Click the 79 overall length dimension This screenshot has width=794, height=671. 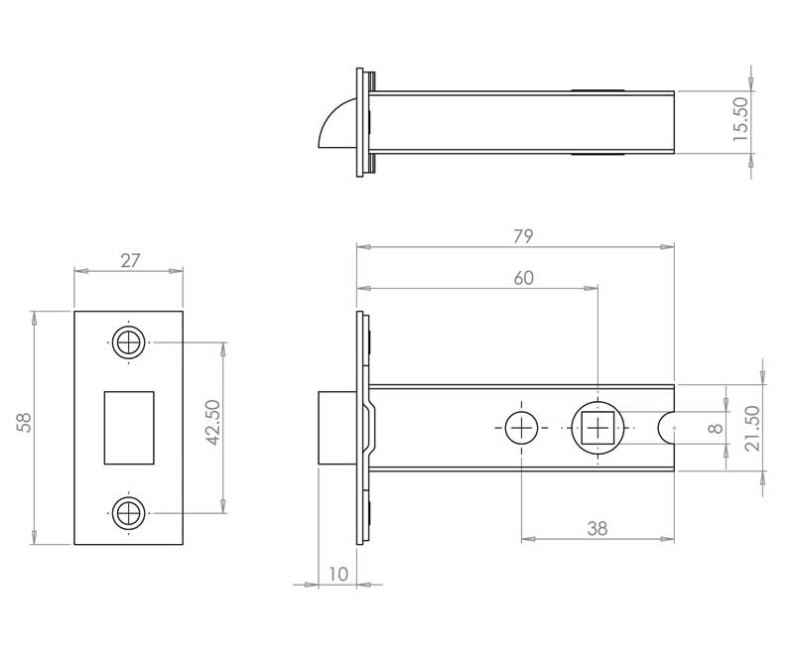[523, 236]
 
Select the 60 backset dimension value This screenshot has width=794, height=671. [523, 279]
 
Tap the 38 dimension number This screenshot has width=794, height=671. [595, 529]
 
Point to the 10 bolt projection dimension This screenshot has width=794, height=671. [338, 574]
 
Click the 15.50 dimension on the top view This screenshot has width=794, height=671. [740, 119]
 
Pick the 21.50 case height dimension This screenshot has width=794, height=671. [751, 428]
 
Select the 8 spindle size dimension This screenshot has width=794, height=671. [715, 428]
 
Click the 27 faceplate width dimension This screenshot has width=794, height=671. [129, 261]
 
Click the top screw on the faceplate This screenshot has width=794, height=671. [127, 342]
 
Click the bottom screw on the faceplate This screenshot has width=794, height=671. [127, 513]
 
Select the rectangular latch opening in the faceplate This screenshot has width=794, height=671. [129, 428]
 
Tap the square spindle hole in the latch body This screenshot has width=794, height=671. [597, 428]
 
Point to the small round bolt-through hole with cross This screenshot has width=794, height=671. [521, 428]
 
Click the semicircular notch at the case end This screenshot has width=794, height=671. [668, 428]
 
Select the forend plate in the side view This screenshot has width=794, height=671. [360, 428]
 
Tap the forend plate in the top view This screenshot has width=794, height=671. [359, 122]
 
